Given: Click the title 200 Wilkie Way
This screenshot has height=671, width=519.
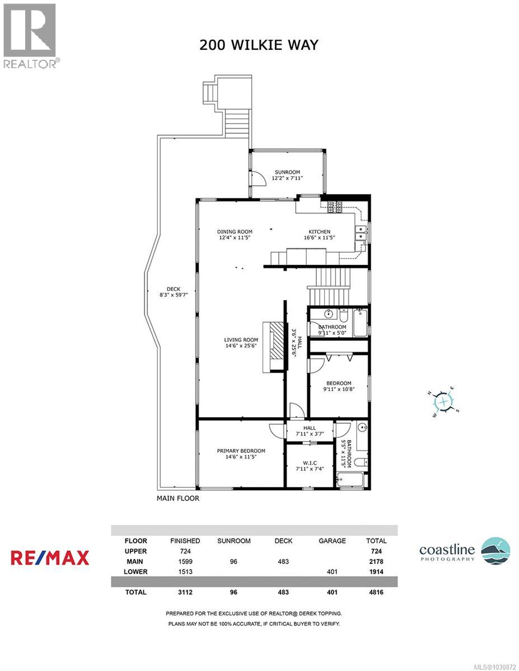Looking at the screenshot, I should [x=259, y=45].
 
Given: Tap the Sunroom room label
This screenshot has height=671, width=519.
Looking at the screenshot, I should [x=287, y=175].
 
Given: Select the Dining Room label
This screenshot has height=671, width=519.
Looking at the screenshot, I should [x=235, y=234].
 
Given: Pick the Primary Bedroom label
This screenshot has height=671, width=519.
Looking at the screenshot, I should [x=241, y=453].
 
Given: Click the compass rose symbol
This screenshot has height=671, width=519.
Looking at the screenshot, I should [x=443, y=400].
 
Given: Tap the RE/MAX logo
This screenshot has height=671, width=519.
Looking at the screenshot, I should [x=50, y=557].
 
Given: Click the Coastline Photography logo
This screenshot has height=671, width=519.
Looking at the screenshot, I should [x=465, y=551].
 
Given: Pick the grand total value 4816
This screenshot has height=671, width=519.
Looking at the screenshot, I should [x=376, y=592].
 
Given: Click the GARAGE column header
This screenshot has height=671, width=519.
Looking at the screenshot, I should [x=332, y=541].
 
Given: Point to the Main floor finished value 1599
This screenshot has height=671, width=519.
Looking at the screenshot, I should [x=185, y=561].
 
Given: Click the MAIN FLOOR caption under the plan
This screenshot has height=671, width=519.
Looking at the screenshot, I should [x=177, y=498].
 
